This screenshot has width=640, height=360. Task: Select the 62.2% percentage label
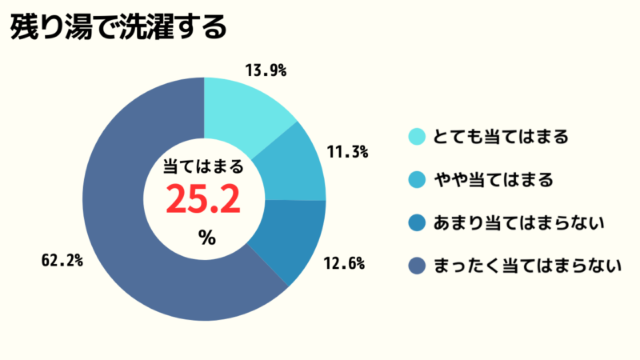click(62, 261)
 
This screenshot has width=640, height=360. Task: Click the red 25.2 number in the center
click(203, 198)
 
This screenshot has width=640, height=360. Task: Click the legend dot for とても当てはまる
click(416, 137)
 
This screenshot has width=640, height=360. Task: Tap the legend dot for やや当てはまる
click(416, 180)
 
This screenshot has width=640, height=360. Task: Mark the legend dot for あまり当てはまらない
click(416, 223)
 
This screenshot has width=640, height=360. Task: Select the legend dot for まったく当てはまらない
click(416, 266)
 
